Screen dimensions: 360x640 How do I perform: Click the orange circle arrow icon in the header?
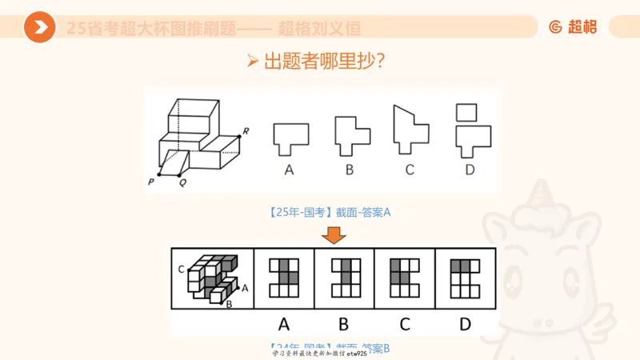(39, 27)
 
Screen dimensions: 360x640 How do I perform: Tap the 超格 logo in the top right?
(573, 27)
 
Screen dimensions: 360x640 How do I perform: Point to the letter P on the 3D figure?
(151, 182)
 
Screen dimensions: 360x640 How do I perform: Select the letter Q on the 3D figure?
(182, 182)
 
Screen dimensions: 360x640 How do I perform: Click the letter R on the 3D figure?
(246, 130)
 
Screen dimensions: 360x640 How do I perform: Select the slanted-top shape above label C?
(410, 130)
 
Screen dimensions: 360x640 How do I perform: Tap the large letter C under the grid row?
(405, 324)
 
